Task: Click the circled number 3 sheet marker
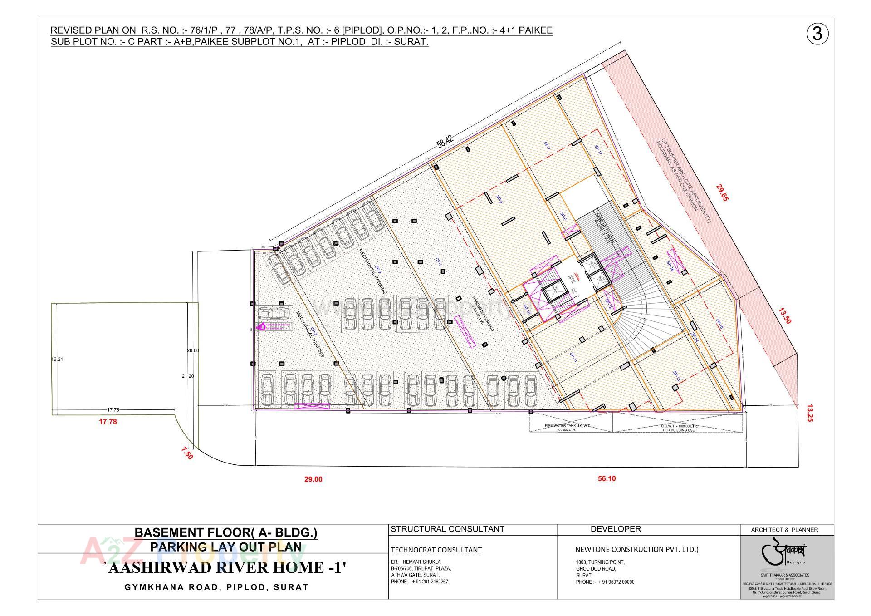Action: (817, 34)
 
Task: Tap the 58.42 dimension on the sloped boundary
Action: (445, 142)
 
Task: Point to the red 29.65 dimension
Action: (722, 192)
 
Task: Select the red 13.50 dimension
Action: (785, 316)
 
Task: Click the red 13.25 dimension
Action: (810, 413)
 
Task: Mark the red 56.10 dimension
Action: (607, 478)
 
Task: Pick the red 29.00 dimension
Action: (313, 479)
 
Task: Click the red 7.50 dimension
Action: (187, 453)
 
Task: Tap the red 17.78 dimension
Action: (108, 422)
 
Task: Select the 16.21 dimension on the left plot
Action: (57, 359)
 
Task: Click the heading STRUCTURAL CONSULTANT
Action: (447, 529)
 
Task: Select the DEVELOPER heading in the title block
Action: (616, 529)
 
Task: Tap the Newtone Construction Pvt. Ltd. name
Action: (636, 549)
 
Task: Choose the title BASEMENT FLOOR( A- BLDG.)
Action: (226, 532)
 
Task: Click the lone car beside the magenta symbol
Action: (274, 313)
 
